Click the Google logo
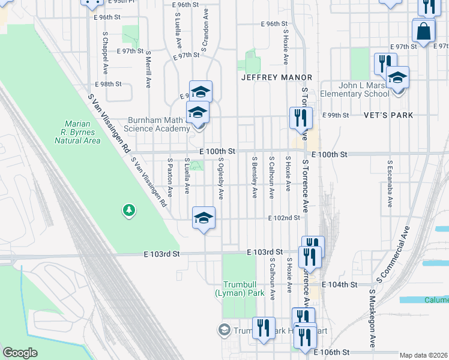pyautogui.click(x=20, y=353)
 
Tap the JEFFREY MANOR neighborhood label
pyautogui.click(x=277, y=77)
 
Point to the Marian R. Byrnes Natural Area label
pyautogui.click(x=77, y=133)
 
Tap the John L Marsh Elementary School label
pyautogui.click(x=355, y=89)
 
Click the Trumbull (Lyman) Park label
pyautogui.click(x=240, y=289)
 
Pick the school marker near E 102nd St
pyautogui.click(x=203, y=217)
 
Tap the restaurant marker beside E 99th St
pyautogui.click(x=301, y=118)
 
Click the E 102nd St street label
pyautogui.click(x=283, y=217)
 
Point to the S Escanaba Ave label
pyautogui.click(x=390, y=184)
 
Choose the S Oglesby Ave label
pyautogui.click(x=221, y=178)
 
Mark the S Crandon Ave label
pyautogui.click(x=205, y=29)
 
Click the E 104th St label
pyautogui.click(x=340, y=284)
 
